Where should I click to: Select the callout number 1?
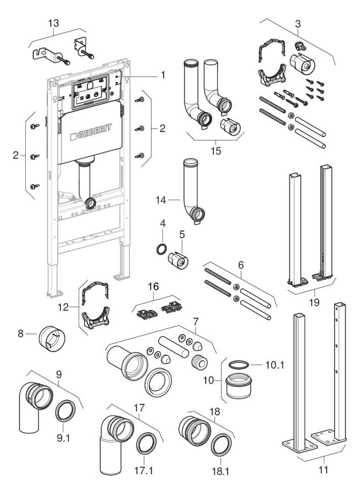click(x=163, y=75)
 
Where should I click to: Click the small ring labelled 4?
click(x=160, y=249)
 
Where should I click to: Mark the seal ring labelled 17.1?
click(x=147, y=442)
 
